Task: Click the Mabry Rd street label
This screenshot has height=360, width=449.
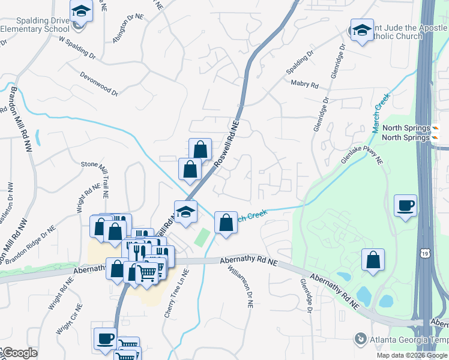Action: (304, 85)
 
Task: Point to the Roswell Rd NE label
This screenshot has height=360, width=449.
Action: (227, 144)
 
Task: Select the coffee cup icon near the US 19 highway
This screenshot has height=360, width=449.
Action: (406, 206)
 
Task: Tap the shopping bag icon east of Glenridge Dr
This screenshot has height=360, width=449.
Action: (373, 260)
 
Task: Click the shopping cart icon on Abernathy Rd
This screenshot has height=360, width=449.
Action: (147, 272)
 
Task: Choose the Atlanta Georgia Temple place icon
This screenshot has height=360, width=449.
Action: (360, 339)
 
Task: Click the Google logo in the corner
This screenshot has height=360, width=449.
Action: (19, 353)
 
